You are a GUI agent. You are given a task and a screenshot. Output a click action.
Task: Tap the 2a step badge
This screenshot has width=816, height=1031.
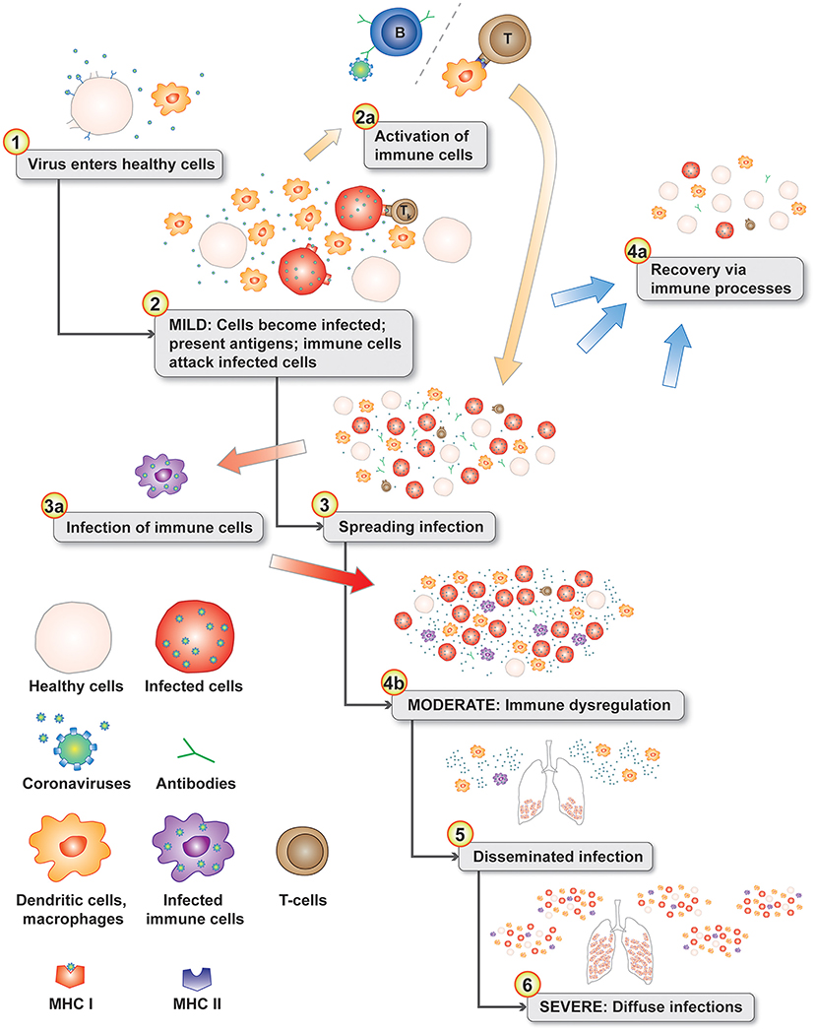[x=365, y=116]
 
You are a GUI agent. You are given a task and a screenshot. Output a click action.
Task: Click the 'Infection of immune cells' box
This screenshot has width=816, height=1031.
[x=157, y=527]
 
